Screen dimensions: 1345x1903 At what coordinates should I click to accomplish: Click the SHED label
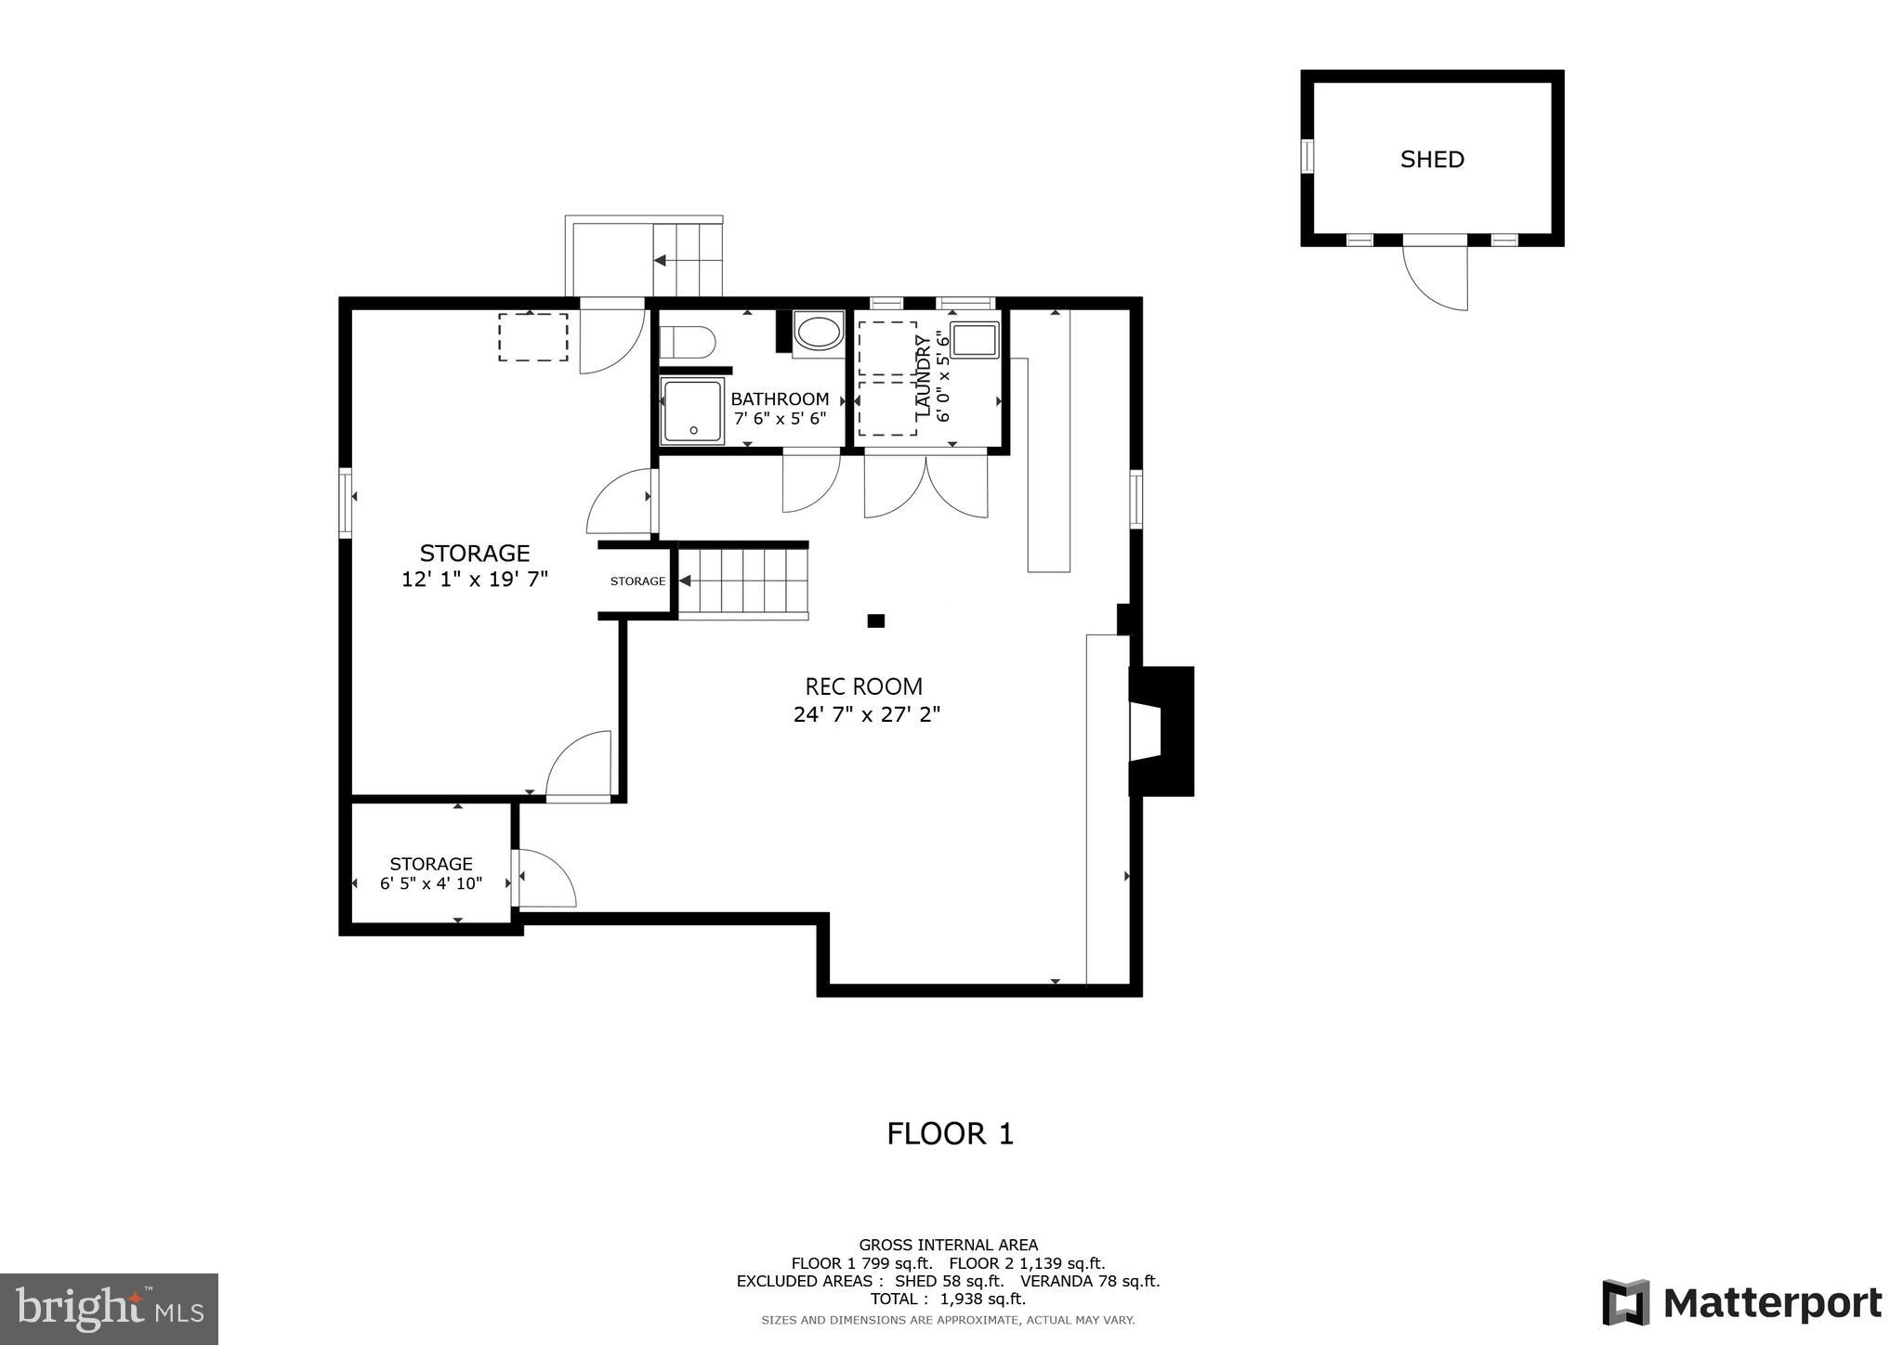tap(1432, 160)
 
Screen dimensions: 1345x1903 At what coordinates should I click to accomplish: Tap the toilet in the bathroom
tap(689, 342)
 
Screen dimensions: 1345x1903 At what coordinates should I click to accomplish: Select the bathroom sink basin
tap(819, 333)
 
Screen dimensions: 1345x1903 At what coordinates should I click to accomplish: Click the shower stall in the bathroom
tap(692, 410)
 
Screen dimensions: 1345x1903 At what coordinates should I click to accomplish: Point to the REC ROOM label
tap(863, 686)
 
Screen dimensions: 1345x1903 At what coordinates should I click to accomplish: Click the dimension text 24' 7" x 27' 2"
tap(867, 714)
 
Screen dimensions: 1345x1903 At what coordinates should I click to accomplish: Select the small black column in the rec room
tap(875, 620)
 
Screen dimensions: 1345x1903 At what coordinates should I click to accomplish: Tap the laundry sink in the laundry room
tap(974, 340)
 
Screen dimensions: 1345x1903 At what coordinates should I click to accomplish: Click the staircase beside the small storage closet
tap(743, 581)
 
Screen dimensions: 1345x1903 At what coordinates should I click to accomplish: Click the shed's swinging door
tap(1436, 276)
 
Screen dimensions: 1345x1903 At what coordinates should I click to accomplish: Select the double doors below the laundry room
tap(925, 484)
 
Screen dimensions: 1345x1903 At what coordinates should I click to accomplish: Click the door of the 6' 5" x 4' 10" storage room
tap(545, 878)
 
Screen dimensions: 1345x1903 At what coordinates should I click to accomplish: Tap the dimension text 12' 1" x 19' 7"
tap(475, 580)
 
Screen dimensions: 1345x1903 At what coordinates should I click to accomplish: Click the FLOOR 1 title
tap(950, 1133)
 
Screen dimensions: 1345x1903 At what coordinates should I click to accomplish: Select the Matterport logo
tap(1742, 1303)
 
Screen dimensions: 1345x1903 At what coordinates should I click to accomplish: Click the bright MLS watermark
tap(109, 1309)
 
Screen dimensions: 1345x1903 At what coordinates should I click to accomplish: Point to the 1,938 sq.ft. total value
tap(983, 1299)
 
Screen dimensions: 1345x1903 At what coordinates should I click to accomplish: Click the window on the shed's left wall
tap(1306, 156)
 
